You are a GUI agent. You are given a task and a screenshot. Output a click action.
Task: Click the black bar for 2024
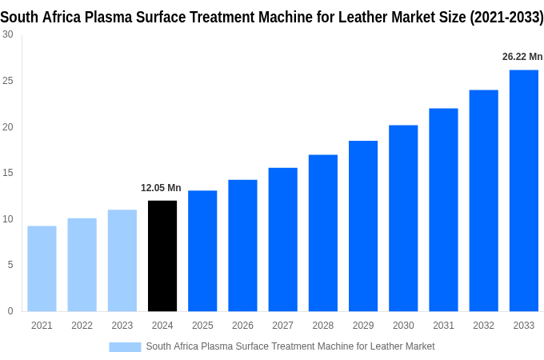click(x=162, y=256)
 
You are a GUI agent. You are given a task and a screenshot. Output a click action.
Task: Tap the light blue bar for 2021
click(x=42, y=269)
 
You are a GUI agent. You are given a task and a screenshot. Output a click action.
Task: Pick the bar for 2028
click(x=322, y=233)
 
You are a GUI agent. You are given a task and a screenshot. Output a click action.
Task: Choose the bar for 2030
click(x=403, y=218)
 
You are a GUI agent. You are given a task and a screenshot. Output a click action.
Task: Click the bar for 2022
click(x=82, y=265)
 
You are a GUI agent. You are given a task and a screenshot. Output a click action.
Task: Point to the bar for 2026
click(x=242, y=246)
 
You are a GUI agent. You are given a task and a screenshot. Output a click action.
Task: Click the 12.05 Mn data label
click(x=161, y=188)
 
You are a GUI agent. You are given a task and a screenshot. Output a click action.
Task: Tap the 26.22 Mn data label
click(x=522, y=57)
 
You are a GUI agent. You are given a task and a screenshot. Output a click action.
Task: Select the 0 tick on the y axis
click(x=10, y=311)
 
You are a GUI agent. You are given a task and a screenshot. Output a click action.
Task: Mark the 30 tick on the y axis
click(x=7, y=34)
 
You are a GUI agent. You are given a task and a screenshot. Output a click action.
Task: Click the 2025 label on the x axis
click(x=202, y=326)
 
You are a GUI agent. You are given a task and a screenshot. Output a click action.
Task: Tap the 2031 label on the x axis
click(x=443, y=326)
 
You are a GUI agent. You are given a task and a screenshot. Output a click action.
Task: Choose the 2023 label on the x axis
click(x=122, y=326)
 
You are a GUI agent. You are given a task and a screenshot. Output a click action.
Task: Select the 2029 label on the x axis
click(x=363, y=326)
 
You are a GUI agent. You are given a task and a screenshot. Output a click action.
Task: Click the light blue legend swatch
click(x=125, y=346)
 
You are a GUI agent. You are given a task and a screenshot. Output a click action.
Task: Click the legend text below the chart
click(x=290, y=346)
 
